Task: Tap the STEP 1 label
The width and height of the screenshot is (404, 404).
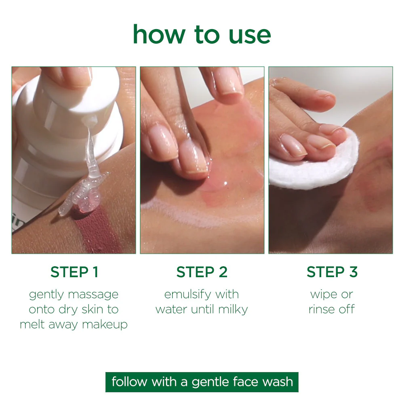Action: (x=74, y=272)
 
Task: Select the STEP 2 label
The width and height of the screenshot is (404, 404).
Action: (x=202, y=272)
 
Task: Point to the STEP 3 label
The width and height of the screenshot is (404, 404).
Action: (x=332, y=272)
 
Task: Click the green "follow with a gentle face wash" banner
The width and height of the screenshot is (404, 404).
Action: (x=202, y=382)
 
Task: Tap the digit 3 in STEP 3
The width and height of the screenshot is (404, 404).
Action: (x=353, y=272)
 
